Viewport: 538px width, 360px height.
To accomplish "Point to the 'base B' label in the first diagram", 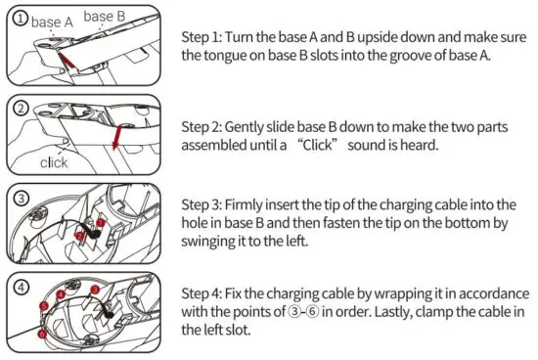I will (x=105, y=16).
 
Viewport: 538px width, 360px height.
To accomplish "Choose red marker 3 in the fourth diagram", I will (x=94, y=291).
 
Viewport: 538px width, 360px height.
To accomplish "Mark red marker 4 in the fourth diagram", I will (x=59, y=294).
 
